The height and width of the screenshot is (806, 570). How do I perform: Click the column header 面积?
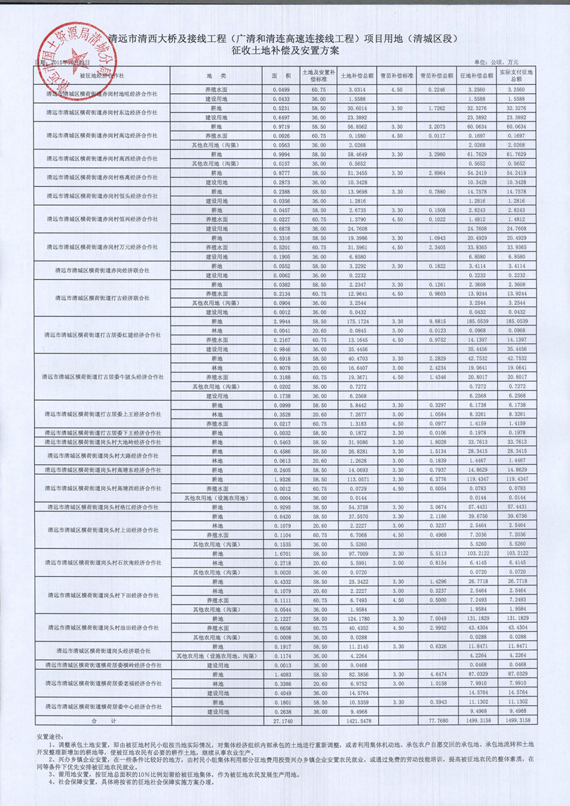(x=281, y=76)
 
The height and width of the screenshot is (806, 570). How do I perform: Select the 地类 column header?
(x=217, y=76)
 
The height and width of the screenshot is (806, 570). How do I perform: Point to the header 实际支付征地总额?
(x=516, y=75)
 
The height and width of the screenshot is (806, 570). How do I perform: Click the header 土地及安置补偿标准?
(x=319, y=75)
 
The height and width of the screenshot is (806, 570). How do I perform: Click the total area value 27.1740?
(x=281, y=721)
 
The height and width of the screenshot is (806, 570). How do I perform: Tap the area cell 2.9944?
(x=281, y=322)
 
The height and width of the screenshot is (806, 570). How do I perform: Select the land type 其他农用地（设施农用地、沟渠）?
(x=217, y=656)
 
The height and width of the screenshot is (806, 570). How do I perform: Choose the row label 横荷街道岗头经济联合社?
(x=103, y=651)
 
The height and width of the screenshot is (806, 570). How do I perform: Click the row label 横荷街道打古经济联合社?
(x=103, y=299)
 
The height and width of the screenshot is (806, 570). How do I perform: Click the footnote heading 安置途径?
(x=50, y=737)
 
